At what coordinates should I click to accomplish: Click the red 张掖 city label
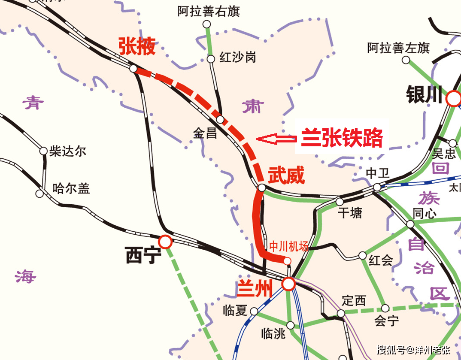tap(136, 46)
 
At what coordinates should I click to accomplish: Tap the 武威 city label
tap(286, 175)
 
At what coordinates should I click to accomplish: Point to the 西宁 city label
tap(143, 256)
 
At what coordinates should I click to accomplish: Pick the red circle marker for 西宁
tap(165, 242)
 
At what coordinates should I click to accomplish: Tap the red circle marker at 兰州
tap(288, 284)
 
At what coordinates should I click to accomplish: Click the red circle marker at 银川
tap(453, 99)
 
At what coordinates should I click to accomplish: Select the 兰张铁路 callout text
tap(342, 138)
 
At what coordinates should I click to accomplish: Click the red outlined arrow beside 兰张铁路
tap(276, 138)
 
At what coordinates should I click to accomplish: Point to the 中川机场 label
tap(288, 246)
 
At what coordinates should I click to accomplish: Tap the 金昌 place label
tap(205, 133)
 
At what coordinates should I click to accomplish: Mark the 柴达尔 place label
tap(68, 151)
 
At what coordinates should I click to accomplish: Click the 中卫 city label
tap(377, 173)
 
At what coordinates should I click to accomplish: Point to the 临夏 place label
tap(235, 310)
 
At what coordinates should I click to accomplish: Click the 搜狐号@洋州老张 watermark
tap(414, 350)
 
